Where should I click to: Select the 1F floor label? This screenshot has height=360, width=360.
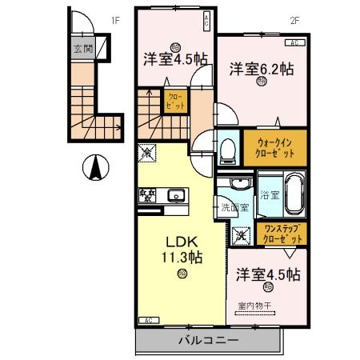point(115,22)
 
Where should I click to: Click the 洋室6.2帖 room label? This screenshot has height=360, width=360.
point(262,69)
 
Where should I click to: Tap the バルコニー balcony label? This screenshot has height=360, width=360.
point(207,341)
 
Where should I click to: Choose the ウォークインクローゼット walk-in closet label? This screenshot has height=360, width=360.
point(274,147)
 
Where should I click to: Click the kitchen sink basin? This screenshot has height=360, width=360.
point(176,194)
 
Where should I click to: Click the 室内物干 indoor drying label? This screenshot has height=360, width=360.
point(254,305)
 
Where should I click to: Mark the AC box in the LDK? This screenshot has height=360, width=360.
point(147,320)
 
